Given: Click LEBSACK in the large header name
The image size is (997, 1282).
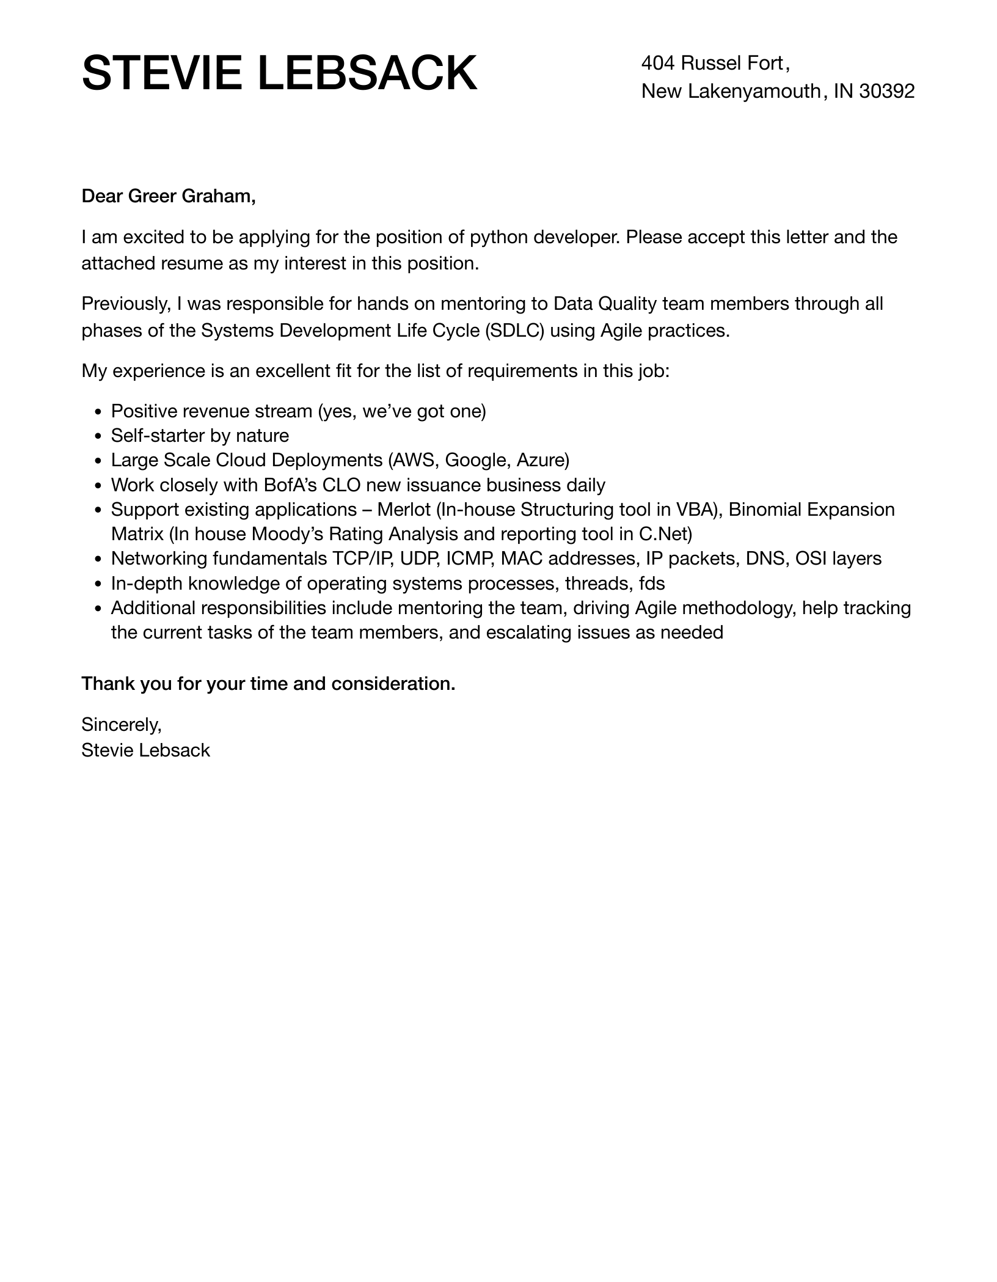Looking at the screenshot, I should click(367, 74).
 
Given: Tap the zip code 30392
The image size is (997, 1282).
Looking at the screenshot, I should click(886, 91).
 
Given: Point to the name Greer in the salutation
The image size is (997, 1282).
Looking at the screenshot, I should click(152, 196).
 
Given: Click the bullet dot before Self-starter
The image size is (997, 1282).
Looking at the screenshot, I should click(99, 436).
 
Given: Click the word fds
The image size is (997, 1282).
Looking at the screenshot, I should click(651, 584).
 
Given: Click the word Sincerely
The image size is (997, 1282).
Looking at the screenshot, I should click(121, 725).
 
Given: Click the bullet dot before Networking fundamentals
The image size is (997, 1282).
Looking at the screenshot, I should click(99, 559).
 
